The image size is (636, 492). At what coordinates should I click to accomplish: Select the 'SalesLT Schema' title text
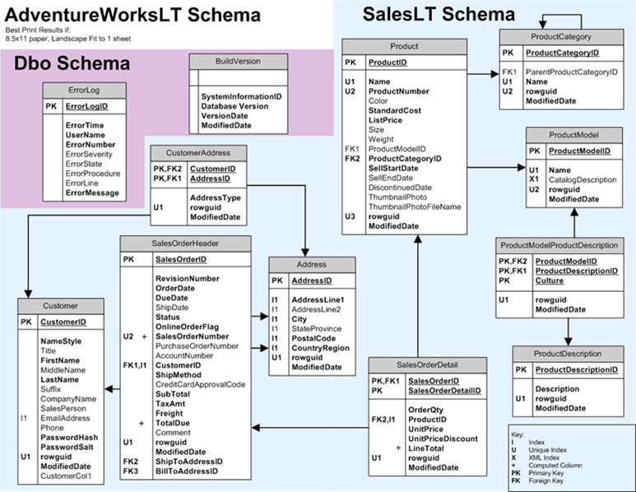(427, 13)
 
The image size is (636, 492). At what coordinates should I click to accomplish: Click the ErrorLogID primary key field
(86, 106)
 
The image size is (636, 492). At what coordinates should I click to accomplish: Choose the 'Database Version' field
(234, 106)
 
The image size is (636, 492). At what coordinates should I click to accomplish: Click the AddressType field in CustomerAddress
(215, 198)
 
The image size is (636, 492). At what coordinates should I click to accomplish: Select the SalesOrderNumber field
(192, 337)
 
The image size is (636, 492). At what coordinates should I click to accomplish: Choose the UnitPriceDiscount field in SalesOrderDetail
(442, 439)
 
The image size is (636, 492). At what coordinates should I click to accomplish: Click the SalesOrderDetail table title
(425, 364)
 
